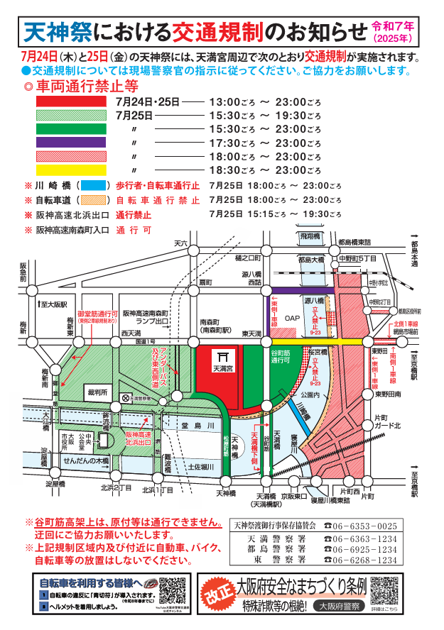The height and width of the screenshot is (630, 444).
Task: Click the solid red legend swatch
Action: [71, 101]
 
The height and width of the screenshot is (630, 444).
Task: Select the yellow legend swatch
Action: [71, 170]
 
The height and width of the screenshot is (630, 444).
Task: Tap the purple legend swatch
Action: [71, 143]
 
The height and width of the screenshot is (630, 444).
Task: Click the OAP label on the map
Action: [292, 319]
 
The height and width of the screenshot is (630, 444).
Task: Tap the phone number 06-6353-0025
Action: [370, 526]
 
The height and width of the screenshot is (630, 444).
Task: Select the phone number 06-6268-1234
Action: [370, 560]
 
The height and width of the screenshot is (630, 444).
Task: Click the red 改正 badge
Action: [217, 595]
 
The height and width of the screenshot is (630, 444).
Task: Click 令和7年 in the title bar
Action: [404, 25]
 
